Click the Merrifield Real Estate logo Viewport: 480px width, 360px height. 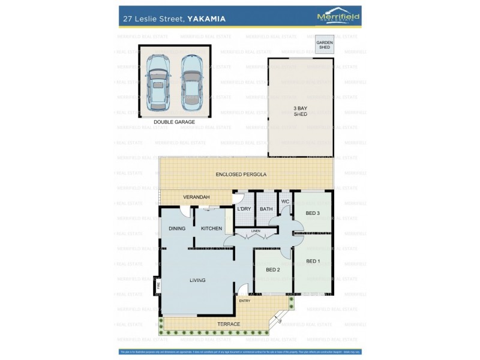point(338,17)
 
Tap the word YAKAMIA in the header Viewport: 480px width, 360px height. point(206,19)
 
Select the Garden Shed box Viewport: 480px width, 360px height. point(325,46)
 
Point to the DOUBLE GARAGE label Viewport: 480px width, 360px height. point(174,122)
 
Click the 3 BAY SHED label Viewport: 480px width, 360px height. point(300,110)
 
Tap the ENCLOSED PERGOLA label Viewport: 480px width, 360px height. point(241,174)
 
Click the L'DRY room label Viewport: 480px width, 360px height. point(244,209)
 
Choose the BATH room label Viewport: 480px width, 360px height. point(266,209)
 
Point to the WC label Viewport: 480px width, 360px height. point(285,201)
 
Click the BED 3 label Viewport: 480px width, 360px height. point(313,213)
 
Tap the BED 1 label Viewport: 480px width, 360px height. point(313,261)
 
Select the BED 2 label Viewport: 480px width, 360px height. point(273,269)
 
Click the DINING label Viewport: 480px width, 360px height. point(177,229)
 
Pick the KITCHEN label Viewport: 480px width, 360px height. point(211,229)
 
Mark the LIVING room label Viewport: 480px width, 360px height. point(197,280)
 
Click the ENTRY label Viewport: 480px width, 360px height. point(244,301)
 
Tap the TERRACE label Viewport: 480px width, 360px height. point(229,324)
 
